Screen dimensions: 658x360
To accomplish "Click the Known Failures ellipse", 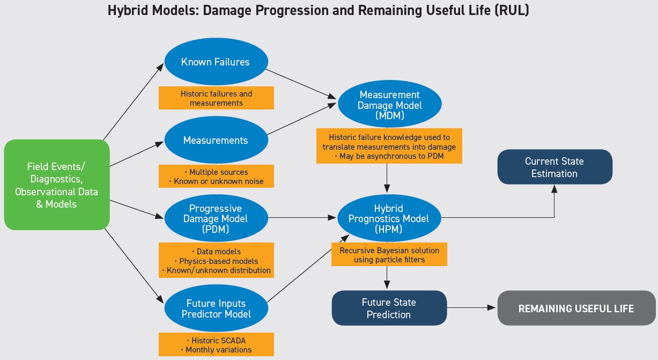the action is coord(216,61).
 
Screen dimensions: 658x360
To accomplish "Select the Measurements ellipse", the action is coord(216,140).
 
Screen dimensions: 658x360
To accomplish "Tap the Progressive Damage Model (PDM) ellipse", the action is coord(216,218).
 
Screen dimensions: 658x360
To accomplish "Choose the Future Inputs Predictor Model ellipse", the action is coord(216,308).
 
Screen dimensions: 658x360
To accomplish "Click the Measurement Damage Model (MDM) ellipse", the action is coord(389,104).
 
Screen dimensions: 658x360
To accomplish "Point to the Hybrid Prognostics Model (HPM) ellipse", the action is coord(389,218).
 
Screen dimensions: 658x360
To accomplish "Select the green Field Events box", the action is coord(57,185).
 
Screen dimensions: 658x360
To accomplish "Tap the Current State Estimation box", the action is coord(555,167).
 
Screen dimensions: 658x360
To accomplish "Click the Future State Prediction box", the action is coord(389,308).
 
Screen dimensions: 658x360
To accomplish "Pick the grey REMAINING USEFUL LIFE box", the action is coord(576,308).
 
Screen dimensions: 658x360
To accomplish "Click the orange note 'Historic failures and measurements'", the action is coord(216,98).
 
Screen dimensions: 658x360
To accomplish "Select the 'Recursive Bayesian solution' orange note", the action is coord(389,254).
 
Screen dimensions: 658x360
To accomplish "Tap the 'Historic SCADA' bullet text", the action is coord(216,341).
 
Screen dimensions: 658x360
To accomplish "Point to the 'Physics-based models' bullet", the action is coord(216,261).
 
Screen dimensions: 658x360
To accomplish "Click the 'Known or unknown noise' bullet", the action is coord(216,181).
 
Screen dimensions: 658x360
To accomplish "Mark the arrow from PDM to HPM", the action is coord(302,218).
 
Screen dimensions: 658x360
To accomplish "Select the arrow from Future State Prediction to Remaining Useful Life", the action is coord(472,307).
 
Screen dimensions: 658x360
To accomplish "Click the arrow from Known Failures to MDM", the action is coord(301,84).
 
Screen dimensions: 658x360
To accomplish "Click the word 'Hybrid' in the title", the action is coord(128,11).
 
